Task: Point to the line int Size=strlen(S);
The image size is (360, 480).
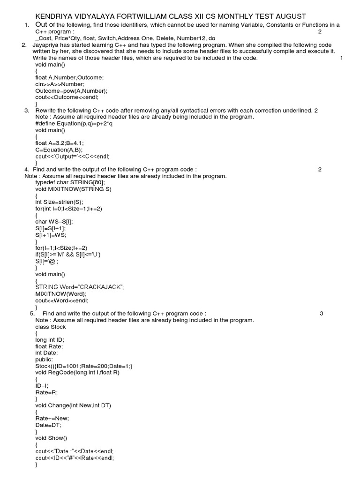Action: (59, 202)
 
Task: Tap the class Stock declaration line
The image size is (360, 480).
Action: (51, 327)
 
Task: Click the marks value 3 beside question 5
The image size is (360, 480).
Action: (322, 314)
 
